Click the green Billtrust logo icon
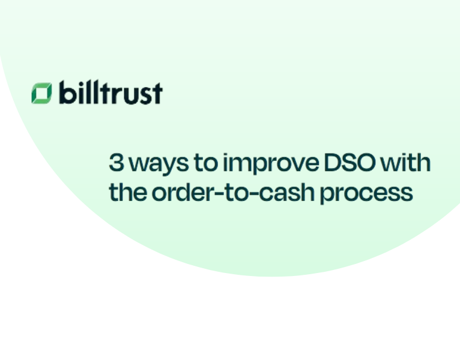41,93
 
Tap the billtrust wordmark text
110,93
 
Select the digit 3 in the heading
117,162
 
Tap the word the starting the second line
126,193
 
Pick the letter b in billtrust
65,93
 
